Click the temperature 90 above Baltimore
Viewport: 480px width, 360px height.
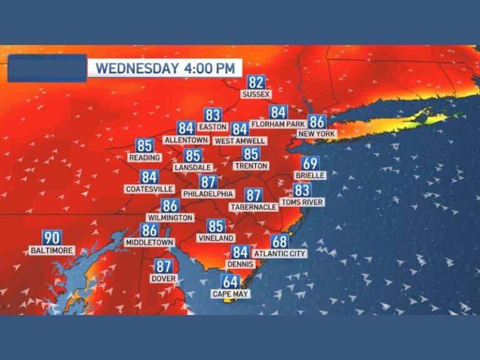pyautogui.click(x=52, y=238)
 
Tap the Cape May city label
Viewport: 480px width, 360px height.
pyautogui.click(x=231, y=294)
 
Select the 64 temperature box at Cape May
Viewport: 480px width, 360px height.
pyautogui.click(x=230, y=282)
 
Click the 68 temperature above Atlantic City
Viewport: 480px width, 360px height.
pyautogui.click(x=280, y=242)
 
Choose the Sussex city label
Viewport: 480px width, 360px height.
pyautogui.click(x=256, y=94)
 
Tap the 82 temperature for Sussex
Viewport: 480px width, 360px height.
pyautogui.click(x=256, y=82)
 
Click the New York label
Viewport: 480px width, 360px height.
pyautogui.click(x=317, y=134)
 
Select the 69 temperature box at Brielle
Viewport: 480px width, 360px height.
pyautogui.click(x=311, y=164)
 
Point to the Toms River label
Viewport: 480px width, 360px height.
pyautogui.click(x=302, y=202)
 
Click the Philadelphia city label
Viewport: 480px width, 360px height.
pyautogui.click(x=208, y=194)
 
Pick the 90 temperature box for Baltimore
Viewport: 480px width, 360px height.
pyautogui.click(x=52, y=238)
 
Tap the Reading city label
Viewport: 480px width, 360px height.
pyautogui.click(x=144, y=157)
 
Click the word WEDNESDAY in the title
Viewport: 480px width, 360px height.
pyautogui.click(x=136, y=68)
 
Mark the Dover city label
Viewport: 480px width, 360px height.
pyautogui.click(x=164, y=278)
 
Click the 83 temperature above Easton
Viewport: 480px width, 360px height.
pyautogui.click(x=213, y=115)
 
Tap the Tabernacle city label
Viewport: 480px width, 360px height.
pyautogui.click(x=253, y=207)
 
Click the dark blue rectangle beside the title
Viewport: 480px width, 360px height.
pyautogui.click(x=47, y=68)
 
